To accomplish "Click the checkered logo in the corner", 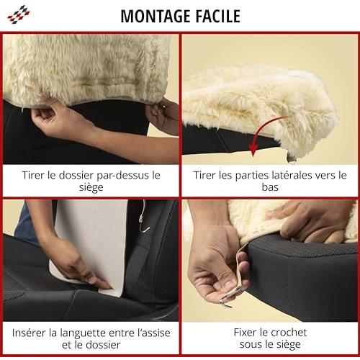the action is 19,14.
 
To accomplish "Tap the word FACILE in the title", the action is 218,17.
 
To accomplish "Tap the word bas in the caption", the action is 270,187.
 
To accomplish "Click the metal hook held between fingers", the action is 225,303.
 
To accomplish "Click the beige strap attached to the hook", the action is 238,276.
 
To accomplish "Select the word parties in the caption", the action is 248,176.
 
